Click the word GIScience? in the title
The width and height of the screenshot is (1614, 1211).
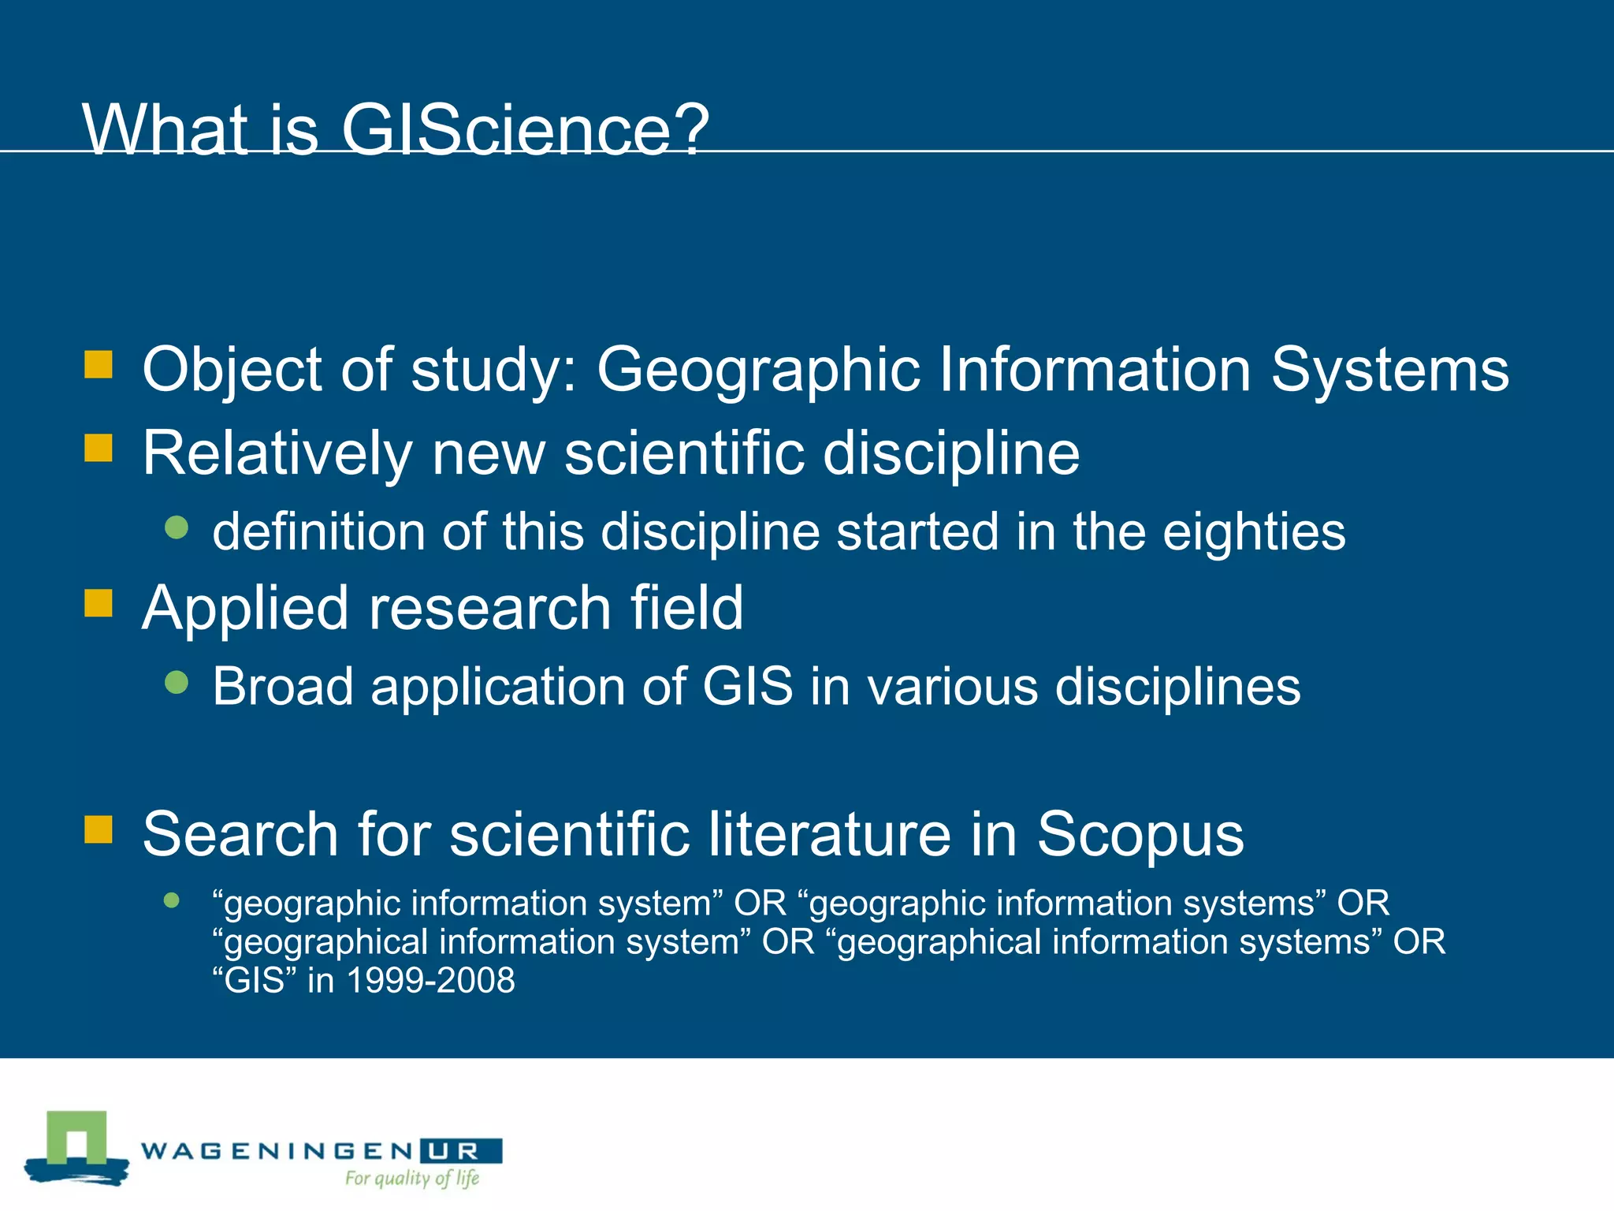525,130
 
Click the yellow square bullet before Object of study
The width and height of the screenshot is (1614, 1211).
99,365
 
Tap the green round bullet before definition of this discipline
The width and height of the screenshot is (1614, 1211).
177,527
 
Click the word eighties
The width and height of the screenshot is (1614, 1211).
1254,532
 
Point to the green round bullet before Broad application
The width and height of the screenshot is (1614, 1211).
177,682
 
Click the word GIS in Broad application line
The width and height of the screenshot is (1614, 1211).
747,686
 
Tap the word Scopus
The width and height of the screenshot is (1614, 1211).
1140,834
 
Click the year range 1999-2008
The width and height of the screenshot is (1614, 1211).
430,981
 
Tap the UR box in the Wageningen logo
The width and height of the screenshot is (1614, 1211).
461,1151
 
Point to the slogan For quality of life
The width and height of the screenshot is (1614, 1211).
412,1179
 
